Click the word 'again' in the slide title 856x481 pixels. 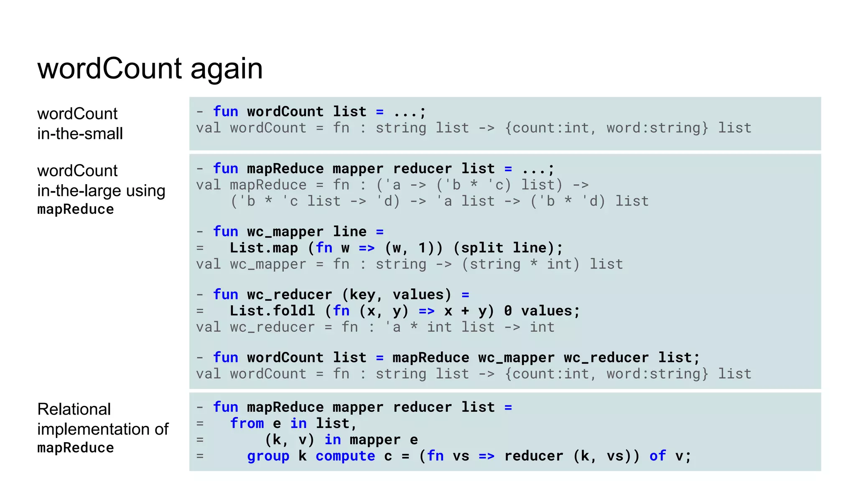(x=227, y=69)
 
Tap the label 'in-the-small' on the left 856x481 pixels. (x=80, y=134)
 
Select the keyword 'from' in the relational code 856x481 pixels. (x=247, y=423)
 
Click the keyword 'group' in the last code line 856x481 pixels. (x=268, y=456)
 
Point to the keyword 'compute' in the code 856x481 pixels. (x=345, y=456)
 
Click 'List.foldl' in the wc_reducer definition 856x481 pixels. (x=272, y=311)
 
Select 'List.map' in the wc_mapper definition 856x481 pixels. (x=264, y=248)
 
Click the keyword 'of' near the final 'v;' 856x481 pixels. (x=657, y=456)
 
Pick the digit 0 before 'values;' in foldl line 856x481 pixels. (x=508, y=311)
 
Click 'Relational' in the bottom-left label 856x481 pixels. (x=74, y=409)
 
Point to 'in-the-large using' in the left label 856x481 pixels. (x=101, y=191)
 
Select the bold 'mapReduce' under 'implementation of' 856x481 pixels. (x=76, y=448)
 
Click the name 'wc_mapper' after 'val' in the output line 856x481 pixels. (x=268, y=264)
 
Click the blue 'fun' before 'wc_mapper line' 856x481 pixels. (x=226, y=232)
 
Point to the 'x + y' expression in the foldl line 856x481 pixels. (x=465, y=311)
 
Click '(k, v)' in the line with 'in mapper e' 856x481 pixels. (x=289, y=440)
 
